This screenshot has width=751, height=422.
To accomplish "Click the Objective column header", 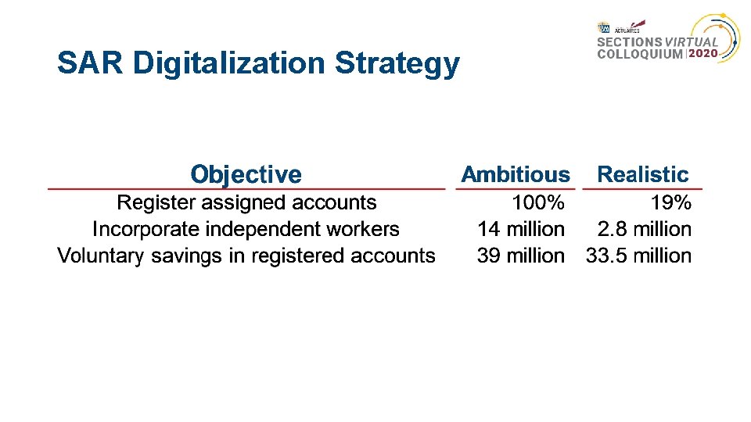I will pos(246,174).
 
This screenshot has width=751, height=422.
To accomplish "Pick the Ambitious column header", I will pos(516,174).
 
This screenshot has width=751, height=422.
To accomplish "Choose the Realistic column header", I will pos(643,174).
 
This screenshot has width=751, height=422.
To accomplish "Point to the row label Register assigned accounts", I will pos(246,203).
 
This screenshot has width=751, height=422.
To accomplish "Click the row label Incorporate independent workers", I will pos(246,230).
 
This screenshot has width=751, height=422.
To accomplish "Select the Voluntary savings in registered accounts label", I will pos(246,256).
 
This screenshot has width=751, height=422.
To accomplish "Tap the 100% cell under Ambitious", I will pos(538,203).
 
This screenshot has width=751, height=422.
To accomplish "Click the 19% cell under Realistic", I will pos(671,203).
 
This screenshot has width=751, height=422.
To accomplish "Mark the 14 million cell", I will pos(521,230).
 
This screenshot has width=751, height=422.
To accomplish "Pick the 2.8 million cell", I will pos(645,230).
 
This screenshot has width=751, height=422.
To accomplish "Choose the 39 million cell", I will pos(521,256).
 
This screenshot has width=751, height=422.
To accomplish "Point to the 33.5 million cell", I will pos(639,256).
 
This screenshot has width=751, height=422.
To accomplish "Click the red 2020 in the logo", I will pos(702,54).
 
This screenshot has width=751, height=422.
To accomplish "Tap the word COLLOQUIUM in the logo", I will pos(640,55).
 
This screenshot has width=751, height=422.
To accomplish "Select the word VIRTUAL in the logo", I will pos(692,42).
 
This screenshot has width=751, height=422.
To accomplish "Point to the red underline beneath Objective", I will pos(246,189).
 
